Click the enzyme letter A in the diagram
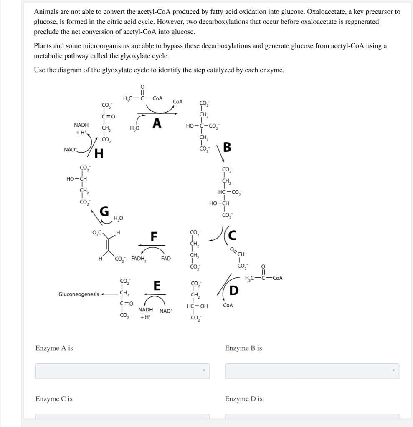click(x=157, y=123)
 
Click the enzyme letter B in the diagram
click(x=227, y=148)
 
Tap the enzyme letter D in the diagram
click(x=234, y=290)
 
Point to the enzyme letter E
click(x=157, y=286)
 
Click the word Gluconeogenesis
click(x=79, y=294)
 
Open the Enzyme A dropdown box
click(x=122, y=371)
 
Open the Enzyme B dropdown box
click(x=312, y=371)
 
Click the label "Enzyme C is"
click(x=54, y=399)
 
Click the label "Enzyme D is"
click(x=243, y=399)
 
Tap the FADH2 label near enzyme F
click(x=139, y=259)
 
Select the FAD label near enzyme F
click(x=166, y=259)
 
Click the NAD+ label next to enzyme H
click(x=70, y=149)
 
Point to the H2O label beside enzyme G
click(x=119, y=217)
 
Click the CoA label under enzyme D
click(x=228, y=305)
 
